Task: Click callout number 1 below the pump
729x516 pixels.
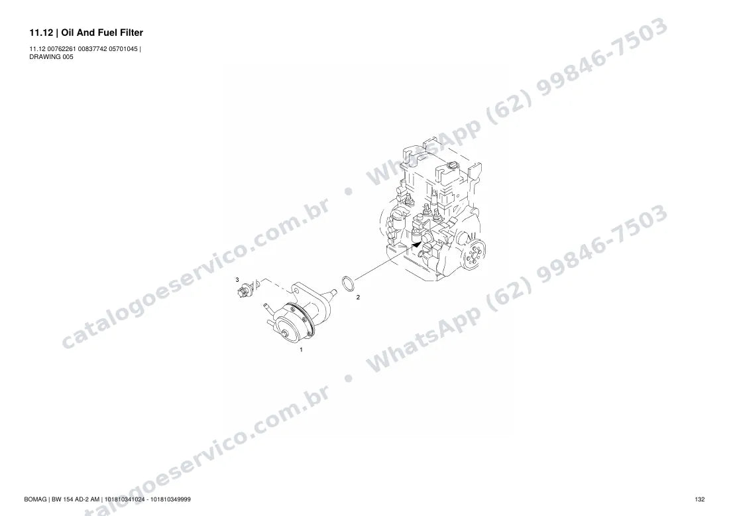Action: click(301, 350)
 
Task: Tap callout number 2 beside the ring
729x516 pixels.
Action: click(358, 297)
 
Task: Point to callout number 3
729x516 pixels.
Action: click(237, 280)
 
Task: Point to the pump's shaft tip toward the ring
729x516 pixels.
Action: click(334, 291)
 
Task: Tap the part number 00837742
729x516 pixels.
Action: click(92, 49)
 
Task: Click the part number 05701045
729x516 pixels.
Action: click(123, 49)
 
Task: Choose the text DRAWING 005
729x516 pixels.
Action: click(51, 57)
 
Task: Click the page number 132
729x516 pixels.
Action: click(700, 499)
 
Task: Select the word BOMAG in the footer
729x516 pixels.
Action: click(35, 499)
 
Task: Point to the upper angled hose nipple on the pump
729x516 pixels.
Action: click(266, 306)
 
